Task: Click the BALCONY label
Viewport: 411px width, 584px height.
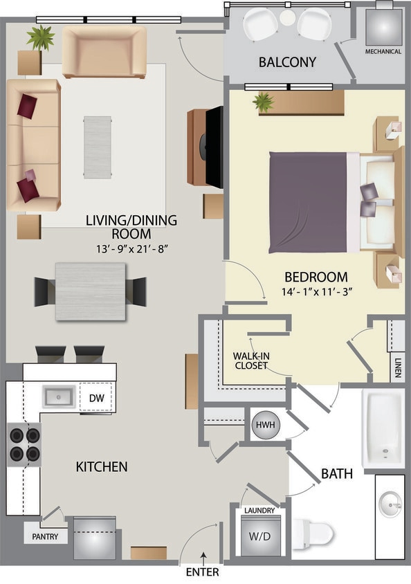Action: click(x=287, y=62)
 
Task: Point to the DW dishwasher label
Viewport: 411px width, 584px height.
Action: click(x=95, y=397)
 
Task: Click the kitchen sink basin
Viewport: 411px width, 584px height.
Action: click(x=60, y=396)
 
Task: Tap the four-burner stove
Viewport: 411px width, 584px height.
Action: click(x=24, y=445)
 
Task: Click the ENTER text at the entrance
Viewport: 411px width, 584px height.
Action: click(x=203, y=572)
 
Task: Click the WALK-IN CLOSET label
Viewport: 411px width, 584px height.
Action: click(x=250, y=361)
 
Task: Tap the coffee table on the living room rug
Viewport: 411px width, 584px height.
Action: click(x=97, y=147)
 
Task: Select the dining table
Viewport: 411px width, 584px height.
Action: click(x=90, y=291)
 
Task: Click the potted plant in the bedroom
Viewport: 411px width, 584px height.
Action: click(x=263, y=103)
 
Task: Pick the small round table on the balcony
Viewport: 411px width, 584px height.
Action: click(x=288, y=17)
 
